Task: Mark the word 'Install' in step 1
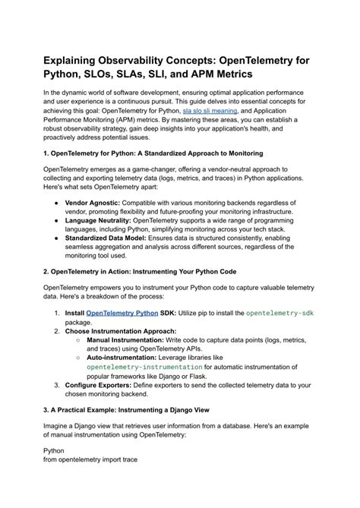click(74, 312)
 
